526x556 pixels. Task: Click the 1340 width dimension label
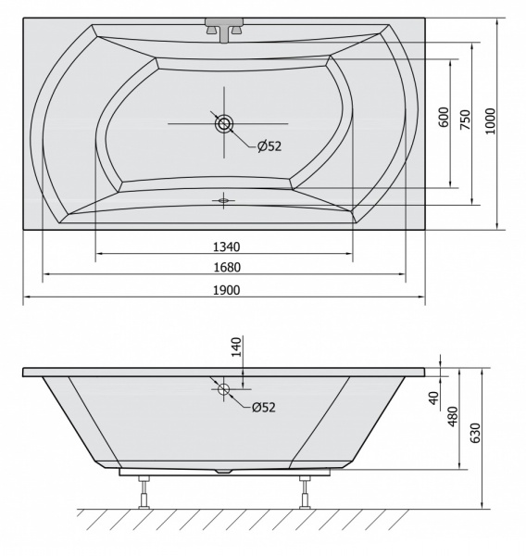click(227, 246)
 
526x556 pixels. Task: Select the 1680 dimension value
click(227, 267)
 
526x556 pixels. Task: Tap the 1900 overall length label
click(227, 290)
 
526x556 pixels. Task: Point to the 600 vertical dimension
click(444, 117)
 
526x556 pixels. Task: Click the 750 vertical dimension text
click(466, 120)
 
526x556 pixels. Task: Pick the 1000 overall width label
click(490, 121)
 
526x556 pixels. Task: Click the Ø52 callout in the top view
click(269, 146)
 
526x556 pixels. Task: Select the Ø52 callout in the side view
click(264, 407)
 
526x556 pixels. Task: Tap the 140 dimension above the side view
click(236, 347)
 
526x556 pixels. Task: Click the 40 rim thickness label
click(433, 398)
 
